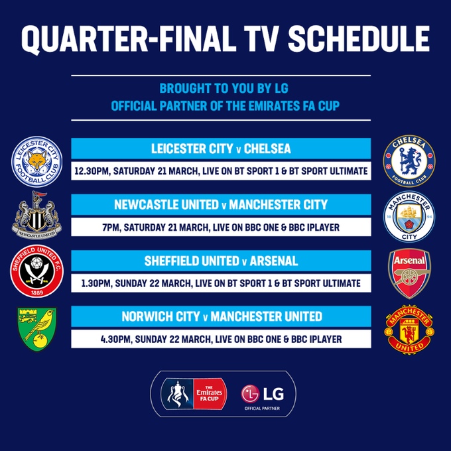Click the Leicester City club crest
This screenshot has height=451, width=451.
(x=37, y=162)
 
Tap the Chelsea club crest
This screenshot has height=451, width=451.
(x=409, y=161)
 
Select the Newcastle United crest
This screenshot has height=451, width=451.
(x=37, y=215)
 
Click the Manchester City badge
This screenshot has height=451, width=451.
(x=409, y=217)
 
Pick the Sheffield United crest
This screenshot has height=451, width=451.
(x=37, y=271)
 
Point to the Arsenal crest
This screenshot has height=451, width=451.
(x=409, y=273)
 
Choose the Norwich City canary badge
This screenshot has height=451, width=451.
(x=37, y=329)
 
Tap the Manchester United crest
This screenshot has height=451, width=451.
(x=409, y=330)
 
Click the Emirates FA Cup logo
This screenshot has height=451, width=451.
(x=194, y=394)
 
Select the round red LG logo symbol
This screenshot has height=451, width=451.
(x=250, y=394)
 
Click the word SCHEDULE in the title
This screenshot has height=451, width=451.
(x=359, y=39)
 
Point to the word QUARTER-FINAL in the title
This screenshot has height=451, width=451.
(x=127, y=40)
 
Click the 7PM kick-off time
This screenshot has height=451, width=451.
(x=111, y=227)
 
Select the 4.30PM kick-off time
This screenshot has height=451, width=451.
(x=115, y=340)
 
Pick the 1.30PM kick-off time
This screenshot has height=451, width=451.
(x=96, y=284)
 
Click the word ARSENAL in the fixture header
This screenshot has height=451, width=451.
(x=273, y=261)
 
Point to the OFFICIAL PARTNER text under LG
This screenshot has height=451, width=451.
(x=262, y=409)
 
